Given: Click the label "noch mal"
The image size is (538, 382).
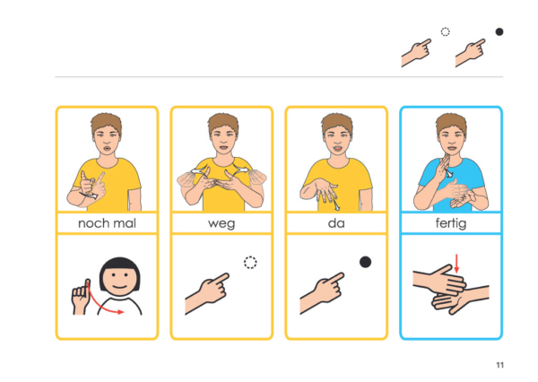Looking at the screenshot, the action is coord(107,223).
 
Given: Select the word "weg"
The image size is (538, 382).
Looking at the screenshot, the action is coord(221,224).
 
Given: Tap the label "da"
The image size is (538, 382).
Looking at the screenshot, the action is coord(336,223).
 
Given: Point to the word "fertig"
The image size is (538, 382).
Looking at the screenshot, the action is coord(451,224).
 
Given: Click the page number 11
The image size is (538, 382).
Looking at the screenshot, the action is coord(500,365).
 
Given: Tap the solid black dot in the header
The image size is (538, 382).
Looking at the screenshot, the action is coord(499,32).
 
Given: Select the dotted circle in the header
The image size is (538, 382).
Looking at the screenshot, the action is coord(445,32).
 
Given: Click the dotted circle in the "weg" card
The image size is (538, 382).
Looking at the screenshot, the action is coord(250,263).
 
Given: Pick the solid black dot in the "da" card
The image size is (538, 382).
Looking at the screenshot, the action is coord(365,262).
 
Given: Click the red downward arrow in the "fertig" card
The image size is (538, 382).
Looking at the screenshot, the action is coord(456,264).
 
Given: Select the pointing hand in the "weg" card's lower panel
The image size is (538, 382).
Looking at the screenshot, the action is coord(207,292).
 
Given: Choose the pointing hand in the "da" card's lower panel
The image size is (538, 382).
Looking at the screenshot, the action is coord(322,292).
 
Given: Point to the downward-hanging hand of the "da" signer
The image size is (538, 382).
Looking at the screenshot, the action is coord(320,189).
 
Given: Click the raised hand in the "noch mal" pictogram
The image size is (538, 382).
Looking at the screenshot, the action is coord(81,298).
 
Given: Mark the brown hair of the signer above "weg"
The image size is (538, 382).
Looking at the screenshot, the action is coord(222,123).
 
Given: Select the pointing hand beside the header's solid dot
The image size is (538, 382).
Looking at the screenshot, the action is coord(470,52).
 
